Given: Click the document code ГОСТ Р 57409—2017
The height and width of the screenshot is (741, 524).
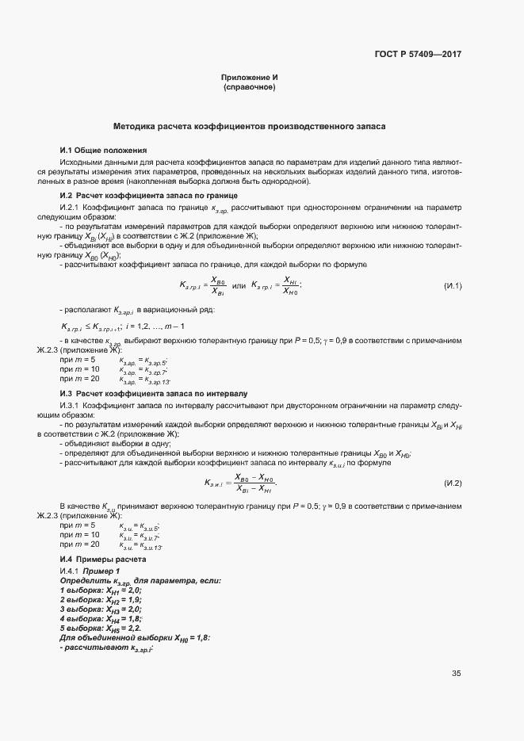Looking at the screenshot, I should pos(418,55).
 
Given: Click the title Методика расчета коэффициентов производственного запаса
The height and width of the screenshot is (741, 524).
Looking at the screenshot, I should pos(250,126).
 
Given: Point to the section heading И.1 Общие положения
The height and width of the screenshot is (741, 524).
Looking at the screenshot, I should pos(103,150).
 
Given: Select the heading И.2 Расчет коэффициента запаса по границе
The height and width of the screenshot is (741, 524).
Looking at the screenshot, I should pos(149,195).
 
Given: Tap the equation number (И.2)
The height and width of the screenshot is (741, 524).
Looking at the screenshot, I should pos(452,483).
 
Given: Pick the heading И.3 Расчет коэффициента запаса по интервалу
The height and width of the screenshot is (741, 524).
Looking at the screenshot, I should pos(154,393).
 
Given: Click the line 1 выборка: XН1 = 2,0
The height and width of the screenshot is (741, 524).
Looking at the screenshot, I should pos(101,590).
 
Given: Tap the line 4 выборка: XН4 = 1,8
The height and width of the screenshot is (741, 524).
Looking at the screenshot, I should pos(101,618).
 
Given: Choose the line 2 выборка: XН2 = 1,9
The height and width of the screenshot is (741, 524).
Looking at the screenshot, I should pos(101,600).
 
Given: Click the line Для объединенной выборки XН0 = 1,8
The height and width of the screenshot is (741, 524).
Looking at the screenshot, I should pos(135,637).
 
